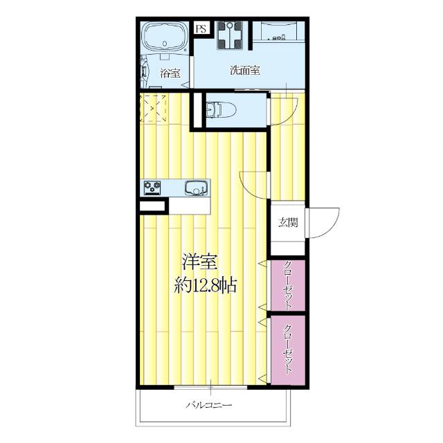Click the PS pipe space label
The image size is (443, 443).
pyautogui.click(x=201, y=28)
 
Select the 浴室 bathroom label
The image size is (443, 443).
pyautogui.click(x=170, y=72)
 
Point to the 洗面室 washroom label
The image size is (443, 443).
pyautogui.click(x=245, y=70)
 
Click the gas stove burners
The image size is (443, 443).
pyautogui.click(x=153, y=187)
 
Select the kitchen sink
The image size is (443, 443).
pyautogui.click(x=195, y=187)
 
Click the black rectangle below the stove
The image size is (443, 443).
pyautogui.click(x=152, y=206)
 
